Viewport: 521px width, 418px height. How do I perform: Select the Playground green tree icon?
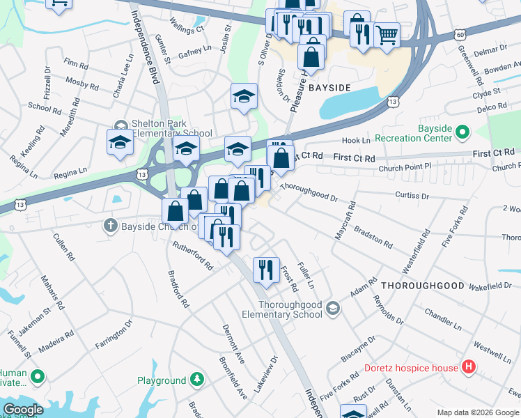point(198,380)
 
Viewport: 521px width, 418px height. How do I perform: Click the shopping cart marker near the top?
point(387,34)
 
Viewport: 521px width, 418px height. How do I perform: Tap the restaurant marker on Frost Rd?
point(265,270)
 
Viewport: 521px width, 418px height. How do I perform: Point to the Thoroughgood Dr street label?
point(309,193)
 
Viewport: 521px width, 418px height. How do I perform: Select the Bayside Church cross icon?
point(109,225)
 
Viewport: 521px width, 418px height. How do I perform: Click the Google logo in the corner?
point(23,410)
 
